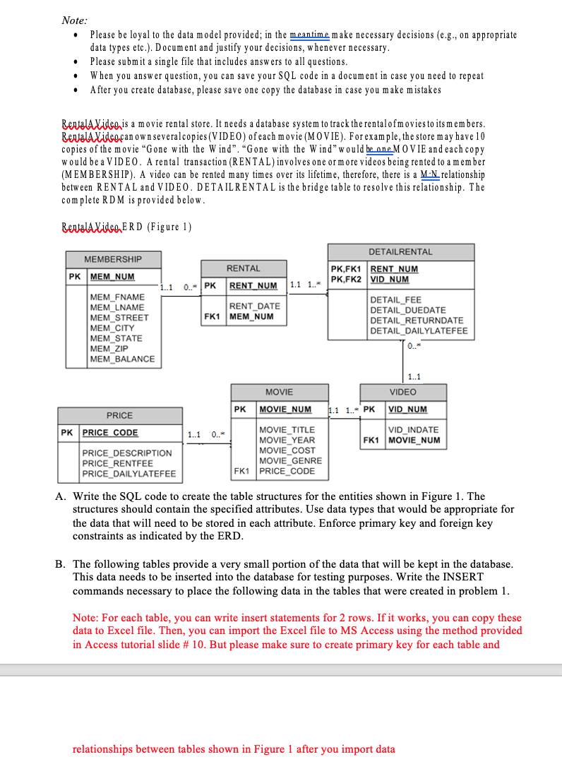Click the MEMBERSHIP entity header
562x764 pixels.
(x=113, y=260)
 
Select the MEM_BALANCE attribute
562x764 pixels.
(x=122, y=359)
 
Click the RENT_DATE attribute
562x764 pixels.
(x=254, y=306)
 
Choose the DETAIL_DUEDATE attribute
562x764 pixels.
(x=407, y=310)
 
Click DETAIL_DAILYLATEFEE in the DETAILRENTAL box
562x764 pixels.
(x=418, y=330)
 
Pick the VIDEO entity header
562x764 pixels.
(x=402, y=392)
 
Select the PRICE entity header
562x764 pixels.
(x=119, y=415)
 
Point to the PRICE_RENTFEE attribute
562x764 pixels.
(x=117, y=463)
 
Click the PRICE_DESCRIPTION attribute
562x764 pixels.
(x=127, y=453)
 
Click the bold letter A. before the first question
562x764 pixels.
(x=60, y=496)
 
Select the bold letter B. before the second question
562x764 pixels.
(x=60, y=564)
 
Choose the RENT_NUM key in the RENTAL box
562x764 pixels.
(x=253, y=285)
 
